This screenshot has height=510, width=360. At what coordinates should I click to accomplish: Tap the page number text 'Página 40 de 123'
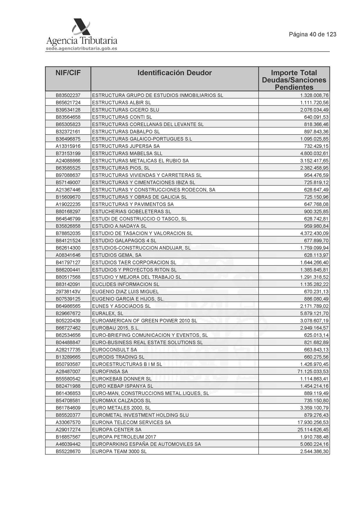[x=312, y=35]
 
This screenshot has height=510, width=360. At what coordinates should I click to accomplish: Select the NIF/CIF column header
[x=68, y=73]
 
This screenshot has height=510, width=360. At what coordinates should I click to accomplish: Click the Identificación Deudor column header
[x=174, y=73]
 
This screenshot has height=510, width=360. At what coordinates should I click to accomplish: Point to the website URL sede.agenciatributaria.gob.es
[x=82, y=49]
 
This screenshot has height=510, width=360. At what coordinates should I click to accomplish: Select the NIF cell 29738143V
[x=68, y=291]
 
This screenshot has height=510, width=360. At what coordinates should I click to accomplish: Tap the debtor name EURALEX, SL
[x=107, y=313]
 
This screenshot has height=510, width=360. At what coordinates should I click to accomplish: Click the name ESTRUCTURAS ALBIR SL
[x=121, y=103]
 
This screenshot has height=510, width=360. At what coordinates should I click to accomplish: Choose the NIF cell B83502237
[x=68, y=95]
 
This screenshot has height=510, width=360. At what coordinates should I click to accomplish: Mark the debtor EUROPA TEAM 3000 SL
[x=119, y=451]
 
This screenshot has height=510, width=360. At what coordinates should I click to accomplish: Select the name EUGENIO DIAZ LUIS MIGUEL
[x=125, y=291]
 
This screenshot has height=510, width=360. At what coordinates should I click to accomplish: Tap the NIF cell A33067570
[x=68, y=422]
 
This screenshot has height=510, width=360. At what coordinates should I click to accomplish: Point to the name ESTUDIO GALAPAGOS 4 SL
[x=124, y=241]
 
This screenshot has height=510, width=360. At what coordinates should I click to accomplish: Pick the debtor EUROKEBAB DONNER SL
[x=122, y=379]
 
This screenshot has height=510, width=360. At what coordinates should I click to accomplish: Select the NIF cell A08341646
[x=68, y=255]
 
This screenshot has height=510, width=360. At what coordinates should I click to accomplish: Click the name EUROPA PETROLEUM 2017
[x=124, y=437]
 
